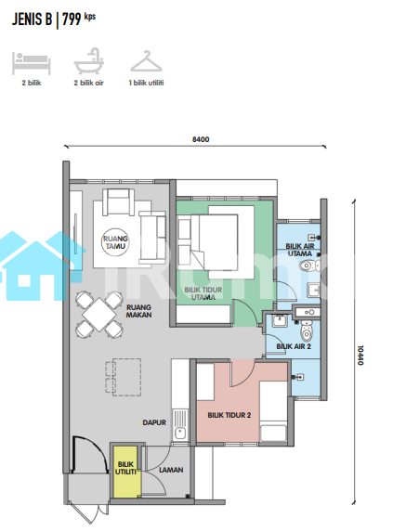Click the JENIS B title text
[33, 19]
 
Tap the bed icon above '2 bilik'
[32, 63]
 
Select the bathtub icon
[89, 61]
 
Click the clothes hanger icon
[147, 61]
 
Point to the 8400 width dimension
[201, 139]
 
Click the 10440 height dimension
[360, 356]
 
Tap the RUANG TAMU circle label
[115, 242]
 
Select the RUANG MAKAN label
[139, 311]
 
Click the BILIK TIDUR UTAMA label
[203, 293]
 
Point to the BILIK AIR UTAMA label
[300, 250]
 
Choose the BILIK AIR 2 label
[294, 346]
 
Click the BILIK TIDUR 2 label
[229, 415]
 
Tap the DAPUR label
[154, 422]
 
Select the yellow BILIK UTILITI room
[126, 472]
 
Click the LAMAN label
[171, 470]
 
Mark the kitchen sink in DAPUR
[180, 425]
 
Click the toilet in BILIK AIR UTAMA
[309, 265]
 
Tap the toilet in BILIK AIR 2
[307, 330]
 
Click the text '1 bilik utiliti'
[147, 83]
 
